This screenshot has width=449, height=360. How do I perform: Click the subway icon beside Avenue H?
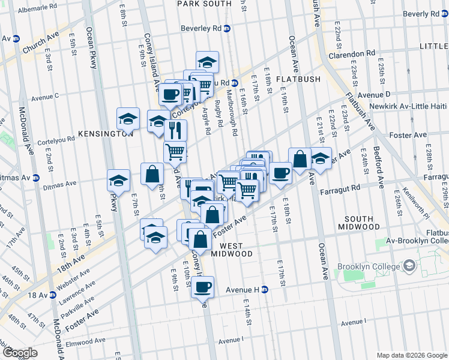click(264, 289)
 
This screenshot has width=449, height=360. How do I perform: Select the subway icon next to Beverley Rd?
click(227, 28)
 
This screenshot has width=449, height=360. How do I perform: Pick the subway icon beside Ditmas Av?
click(35, 178)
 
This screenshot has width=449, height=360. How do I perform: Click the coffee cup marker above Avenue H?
click(203, 286)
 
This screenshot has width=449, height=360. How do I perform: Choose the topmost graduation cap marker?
click(207, 62)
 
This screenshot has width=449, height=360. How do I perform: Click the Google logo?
click(20, 353)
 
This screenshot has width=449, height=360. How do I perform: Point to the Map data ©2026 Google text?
click(411, 355)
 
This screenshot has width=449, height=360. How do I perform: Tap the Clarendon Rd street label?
click(352, 54)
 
